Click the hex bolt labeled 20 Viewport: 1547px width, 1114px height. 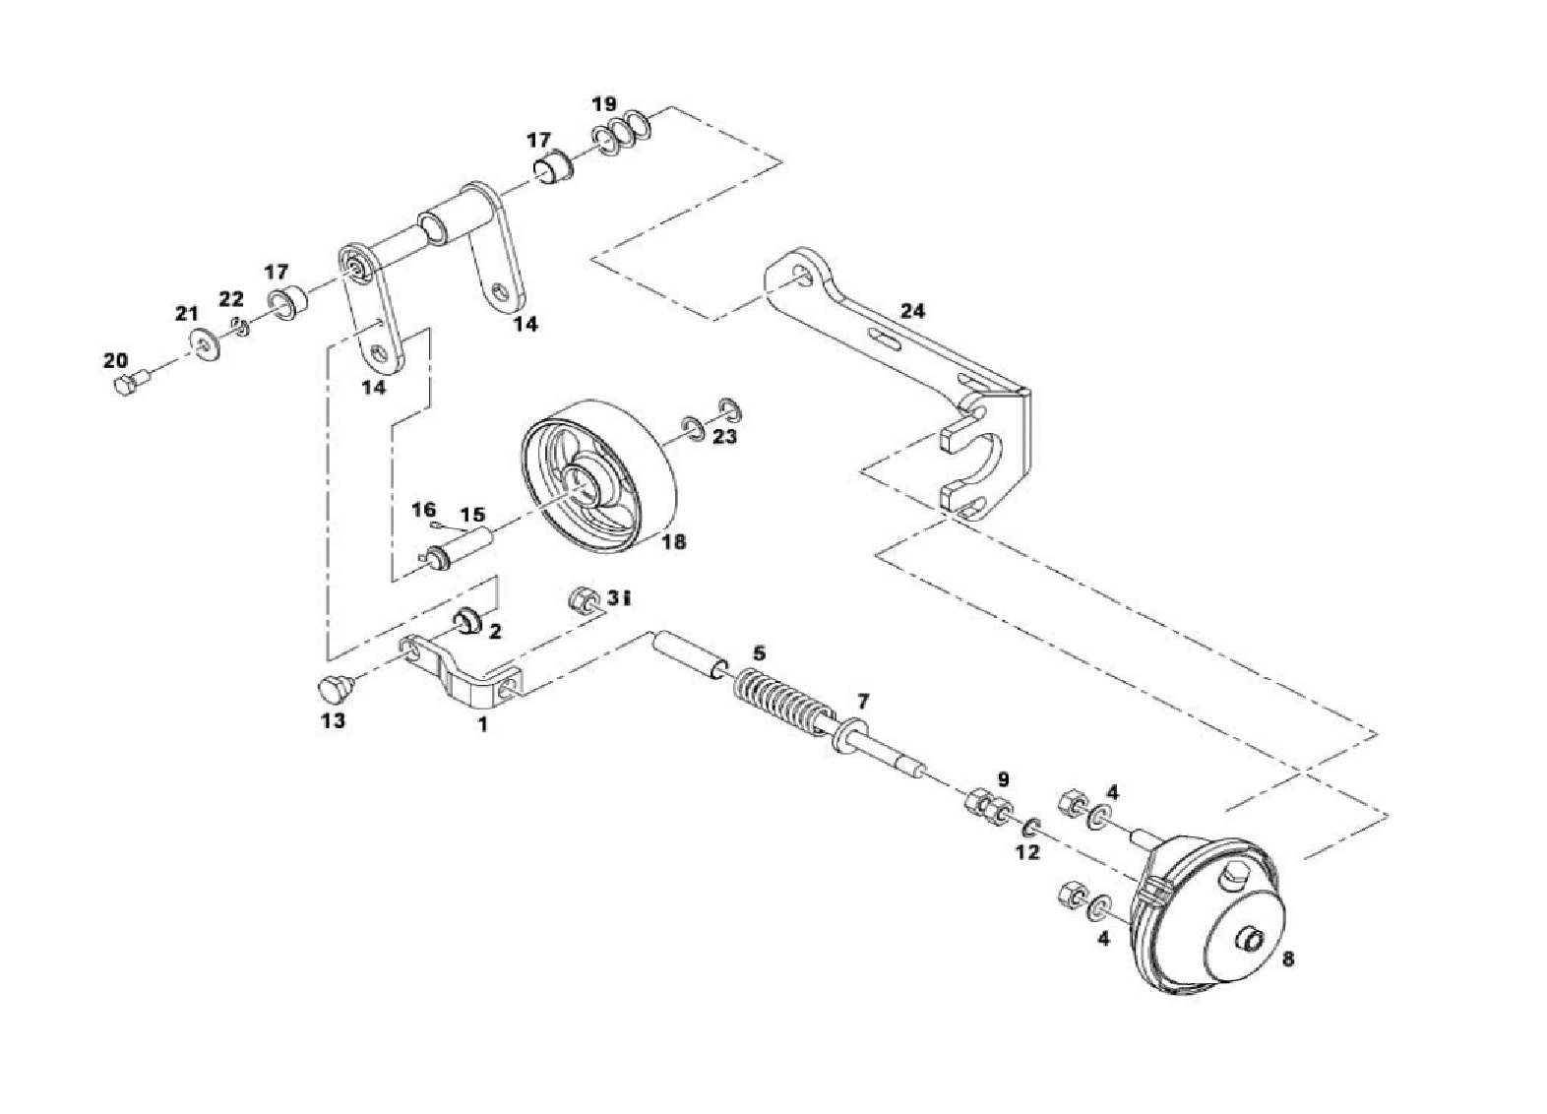[x=130, y=382]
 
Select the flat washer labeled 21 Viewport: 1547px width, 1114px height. [x=205, y=343]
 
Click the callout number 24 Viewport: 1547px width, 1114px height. [x=912, y=312]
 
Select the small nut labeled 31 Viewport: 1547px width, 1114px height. [x=585, y=599]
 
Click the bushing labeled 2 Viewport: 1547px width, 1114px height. [x=468, y=621]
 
